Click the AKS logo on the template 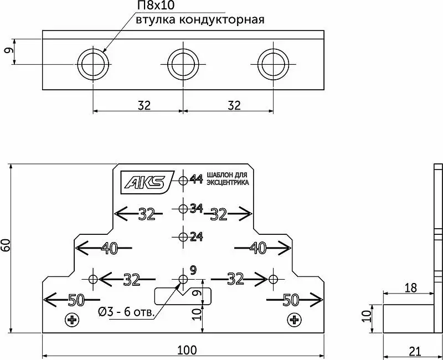(147, 182)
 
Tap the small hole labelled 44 (183, 179)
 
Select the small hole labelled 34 (183, 209)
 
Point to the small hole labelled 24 (183, 237)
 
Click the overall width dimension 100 (187, 351)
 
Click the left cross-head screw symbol (72, 320)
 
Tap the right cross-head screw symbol (295, 320)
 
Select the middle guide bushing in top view (183, 49)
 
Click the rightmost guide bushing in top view (273, 49)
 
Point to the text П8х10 (156, 6)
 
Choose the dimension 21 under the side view (415, 352)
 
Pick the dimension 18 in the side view (411, 288)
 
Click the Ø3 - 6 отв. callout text (126, 312)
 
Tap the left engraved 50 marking (76, 300)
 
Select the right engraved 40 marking (258, 248)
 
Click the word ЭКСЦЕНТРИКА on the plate (228, 183)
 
